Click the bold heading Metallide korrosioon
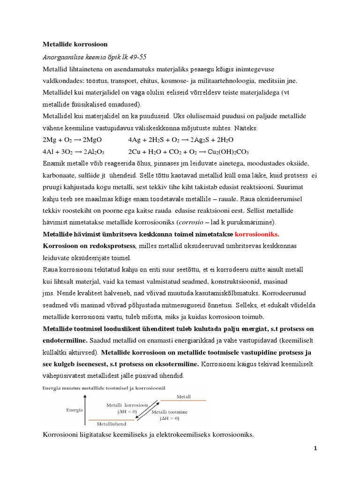75,45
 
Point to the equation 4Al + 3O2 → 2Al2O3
74,152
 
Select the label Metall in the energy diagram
184,397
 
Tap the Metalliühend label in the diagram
109,423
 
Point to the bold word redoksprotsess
110,246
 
